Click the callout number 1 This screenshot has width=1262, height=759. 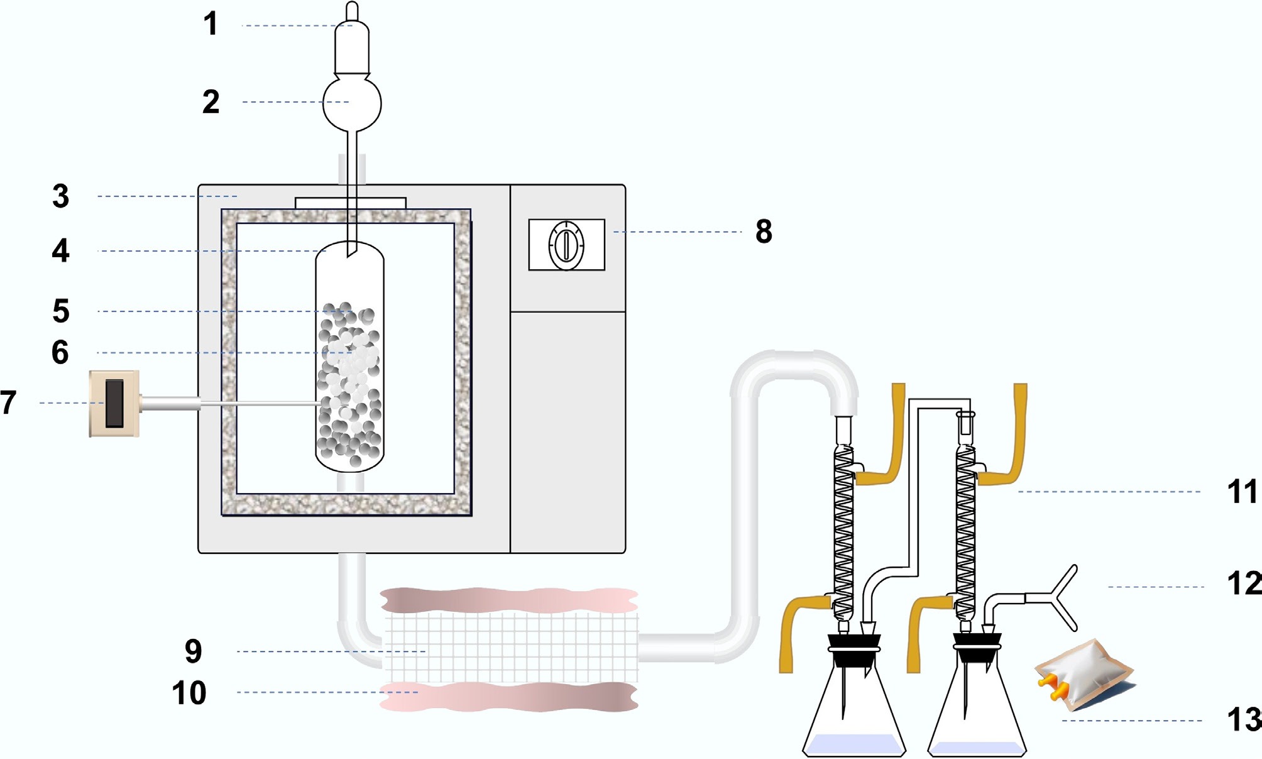point(211,25)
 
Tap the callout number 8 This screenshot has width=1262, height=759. point(764,231)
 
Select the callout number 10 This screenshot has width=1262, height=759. point(189,693)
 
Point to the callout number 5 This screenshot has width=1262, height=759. point(61,311)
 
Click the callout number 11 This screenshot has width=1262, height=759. point(1242,492)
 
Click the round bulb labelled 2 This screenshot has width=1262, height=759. point(352,102)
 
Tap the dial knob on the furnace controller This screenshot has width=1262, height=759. point(566,245)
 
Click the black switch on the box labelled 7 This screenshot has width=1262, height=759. point(114,403)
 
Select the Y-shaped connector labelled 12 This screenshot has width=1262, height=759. point(1059,597)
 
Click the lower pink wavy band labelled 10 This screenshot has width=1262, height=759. point(509,697)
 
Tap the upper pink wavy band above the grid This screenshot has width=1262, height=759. point(509,601)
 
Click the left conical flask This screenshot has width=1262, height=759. point(855,711)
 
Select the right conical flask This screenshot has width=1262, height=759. point(977,711)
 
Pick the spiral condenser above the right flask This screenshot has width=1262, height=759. point(965,528)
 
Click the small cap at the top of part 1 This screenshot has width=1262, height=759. point(353,11)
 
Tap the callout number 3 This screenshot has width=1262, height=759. point(61,196)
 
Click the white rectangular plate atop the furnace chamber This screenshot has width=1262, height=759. point(351,203)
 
